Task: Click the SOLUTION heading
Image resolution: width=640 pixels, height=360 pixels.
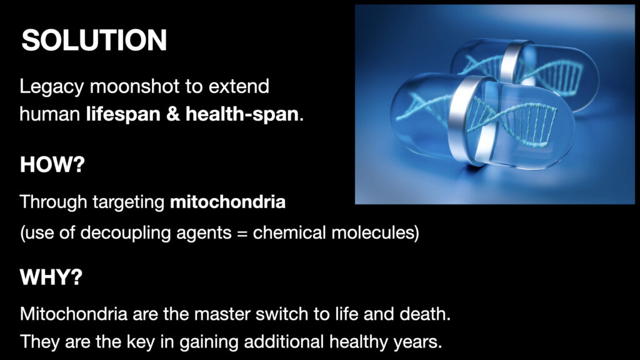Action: point(94,40)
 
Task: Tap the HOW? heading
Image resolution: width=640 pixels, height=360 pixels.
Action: point(52,164)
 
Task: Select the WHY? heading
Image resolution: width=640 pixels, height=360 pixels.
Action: point(51,277)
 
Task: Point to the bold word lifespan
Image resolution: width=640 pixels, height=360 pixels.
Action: point(123,114)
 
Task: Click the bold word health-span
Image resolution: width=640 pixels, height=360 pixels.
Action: point(242,114)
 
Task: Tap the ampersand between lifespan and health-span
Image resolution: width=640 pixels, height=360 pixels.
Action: point(173,114)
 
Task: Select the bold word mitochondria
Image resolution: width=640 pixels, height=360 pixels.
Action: point(227,202)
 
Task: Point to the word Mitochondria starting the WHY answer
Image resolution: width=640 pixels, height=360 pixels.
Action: point(74,314)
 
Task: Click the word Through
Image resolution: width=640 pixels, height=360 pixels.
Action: point(53,202)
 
